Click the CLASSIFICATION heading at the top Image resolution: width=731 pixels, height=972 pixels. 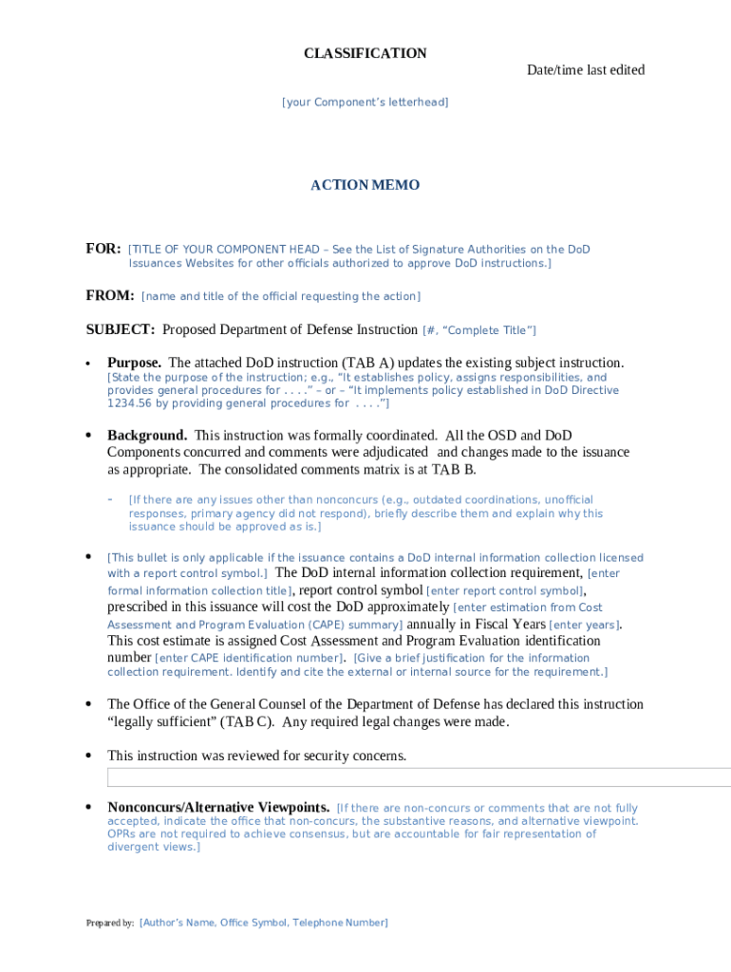[365, 53]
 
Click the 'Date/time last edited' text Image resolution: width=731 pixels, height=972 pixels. [586, 70]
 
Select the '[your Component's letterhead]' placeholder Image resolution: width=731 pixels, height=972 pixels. [365, 103]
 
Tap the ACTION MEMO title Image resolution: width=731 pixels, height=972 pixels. [365, 185]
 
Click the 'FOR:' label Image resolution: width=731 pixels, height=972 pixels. [103, 249]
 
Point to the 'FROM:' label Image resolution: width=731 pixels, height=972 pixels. [110, 296]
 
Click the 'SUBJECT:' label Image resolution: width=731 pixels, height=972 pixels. [121, 330]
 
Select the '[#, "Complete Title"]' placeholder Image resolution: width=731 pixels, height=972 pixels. [478, 330]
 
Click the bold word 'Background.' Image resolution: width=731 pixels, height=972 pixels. [146, 436]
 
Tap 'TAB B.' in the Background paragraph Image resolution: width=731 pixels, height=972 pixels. [454, 470]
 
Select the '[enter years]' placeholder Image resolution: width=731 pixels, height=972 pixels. [585, 625]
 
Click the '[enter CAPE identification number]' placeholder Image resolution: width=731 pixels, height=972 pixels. [251, 658]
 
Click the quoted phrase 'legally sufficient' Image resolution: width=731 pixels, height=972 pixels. [161, 721]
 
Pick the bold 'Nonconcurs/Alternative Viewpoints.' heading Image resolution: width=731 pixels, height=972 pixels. [218, 808]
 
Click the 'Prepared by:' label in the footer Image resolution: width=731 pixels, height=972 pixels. [109, 923]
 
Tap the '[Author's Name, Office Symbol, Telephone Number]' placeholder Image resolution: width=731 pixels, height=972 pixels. [263, 923]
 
